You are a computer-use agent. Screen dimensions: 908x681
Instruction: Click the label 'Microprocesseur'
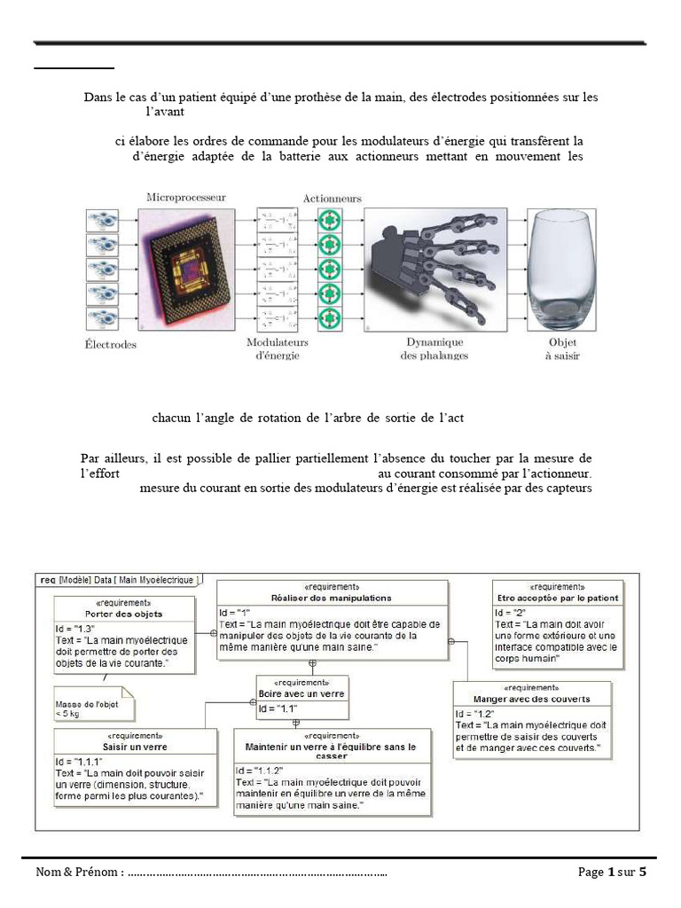[x=186, y=197]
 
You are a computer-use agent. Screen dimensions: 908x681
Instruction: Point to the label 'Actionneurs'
[x=332, y=199]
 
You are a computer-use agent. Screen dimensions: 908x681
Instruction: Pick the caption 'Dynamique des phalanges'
[x=436, y=348]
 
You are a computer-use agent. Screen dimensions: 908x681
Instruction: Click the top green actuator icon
[x=330, y=220]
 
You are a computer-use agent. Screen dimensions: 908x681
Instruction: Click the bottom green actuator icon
[x=330, y=317]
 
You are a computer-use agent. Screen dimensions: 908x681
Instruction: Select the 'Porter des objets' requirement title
[x=123, y=614]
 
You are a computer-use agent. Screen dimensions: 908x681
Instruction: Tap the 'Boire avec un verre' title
[x=302, y=693]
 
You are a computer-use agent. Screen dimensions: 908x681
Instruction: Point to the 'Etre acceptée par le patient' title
[x=557, y=598]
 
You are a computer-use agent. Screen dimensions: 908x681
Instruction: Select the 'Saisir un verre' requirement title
[x=134, y=747]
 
